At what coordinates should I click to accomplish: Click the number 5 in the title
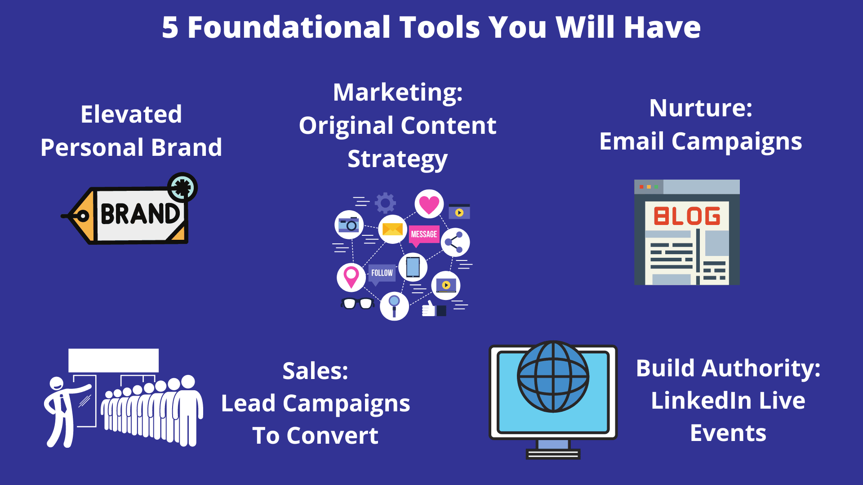(x=170, y=27)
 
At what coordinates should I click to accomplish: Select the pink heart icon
(x=429, y=204)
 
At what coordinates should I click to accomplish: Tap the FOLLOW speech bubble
(x=382, y=274)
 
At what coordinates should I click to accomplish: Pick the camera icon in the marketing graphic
(x=349, y=225)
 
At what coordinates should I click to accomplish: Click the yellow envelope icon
(x=392, y=229)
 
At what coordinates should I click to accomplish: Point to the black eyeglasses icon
(x=358, y=304)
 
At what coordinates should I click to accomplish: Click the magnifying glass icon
(x=394, y=306)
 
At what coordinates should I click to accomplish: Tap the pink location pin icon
(x=351, y=277)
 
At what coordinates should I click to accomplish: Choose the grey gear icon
(x=385, y=203)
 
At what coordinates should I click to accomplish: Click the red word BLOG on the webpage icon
(x=687, y=216)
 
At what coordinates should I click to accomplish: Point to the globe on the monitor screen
(x=553, y=377)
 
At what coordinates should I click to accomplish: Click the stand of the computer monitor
(x=553, y=449)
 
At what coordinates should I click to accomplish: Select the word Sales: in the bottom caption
(x=316, y=371)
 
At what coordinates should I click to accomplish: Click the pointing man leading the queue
(x=67, y=411)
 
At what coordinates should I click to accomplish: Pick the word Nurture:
(x=701, y=108)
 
